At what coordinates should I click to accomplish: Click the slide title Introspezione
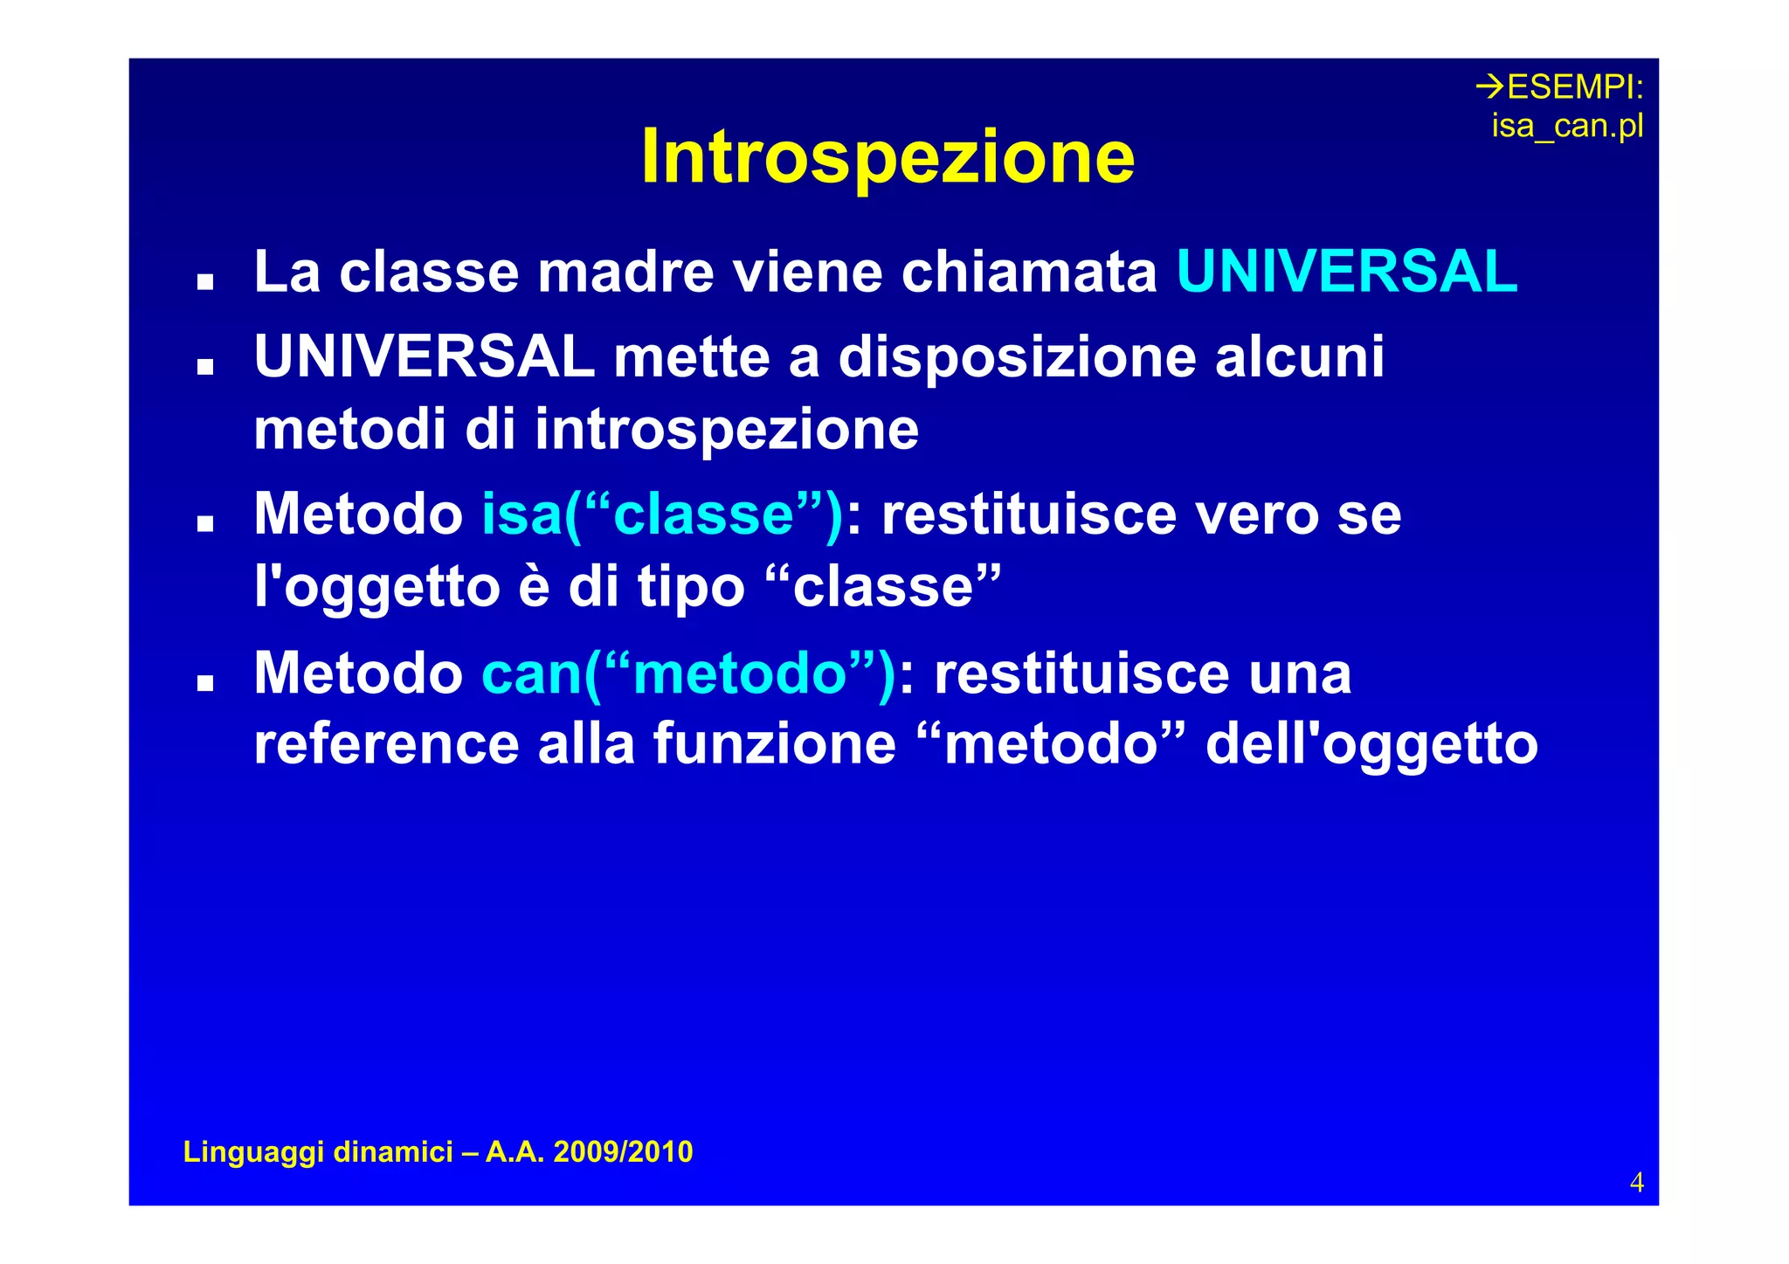(888, 157)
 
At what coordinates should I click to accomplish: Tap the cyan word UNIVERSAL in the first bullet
(1346, 272)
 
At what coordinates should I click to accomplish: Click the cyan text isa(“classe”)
(662, 515)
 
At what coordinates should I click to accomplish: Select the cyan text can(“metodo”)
(688, 674)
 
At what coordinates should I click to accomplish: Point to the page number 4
(1636, 1182)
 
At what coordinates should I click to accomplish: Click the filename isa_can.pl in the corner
(1567, 126)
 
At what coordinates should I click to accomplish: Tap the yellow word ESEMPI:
(1575, 87)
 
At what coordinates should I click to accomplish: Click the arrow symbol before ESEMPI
(1490, 86)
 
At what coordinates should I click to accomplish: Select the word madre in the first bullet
(625, 272)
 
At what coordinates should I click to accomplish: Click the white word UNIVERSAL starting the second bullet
(425, 357)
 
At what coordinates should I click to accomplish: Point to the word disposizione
(1017, 357)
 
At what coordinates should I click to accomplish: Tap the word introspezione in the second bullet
(727, 430)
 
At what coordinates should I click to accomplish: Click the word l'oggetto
(376, 587)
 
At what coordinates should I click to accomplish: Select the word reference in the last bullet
(386, 744)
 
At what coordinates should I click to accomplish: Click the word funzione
(775, 744)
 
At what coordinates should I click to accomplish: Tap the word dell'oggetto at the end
(1371, 744)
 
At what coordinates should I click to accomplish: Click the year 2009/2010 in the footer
(623, 1151)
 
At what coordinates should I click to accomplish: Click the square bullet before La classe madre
(205, 281)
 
